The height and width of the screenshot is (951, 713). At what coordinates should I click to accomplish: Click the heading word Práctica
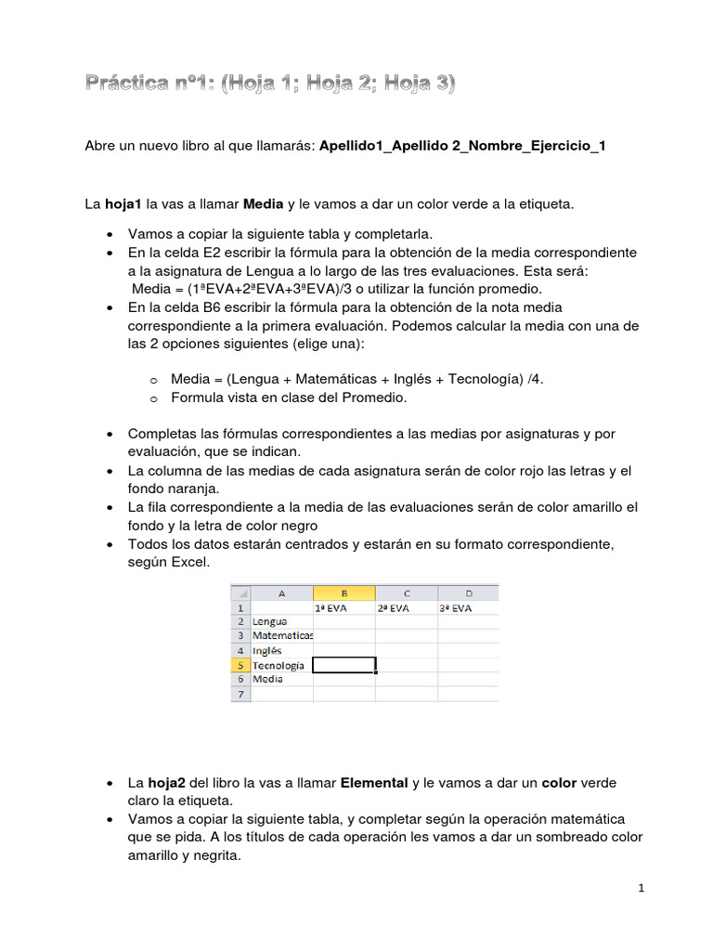coord(136,85)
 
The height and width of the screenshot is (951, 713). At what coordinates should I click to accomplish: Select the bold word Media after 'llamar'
coord(263,203)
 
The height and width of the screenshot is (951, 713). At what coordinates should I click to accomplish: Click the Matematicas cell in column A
coord(282,636)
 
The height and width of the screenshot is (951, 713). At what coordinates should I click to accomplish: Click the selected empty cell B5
coord(344,665)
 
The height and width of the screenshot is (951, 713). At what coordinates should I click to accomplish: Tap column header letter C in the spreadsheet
coord(407,593)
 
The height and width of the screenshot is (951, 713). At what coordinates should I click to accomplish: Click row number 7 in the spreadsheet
coord(240,694)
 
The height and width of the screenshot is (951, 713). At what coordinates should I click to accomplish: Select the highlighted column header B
coord(344,593)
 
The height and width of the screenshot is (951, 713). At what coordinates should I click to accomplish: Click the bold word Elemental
coord(374,783)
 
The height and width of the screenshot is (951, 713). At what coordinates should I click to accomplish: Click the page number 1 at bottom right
coord(641,889)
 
